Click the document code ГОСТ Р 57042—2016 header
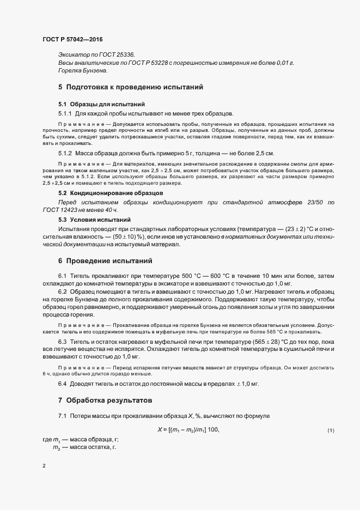pyautogui.click(x=72, y=40)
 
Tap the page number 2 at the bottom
pyautogui.click(x=44, y=466)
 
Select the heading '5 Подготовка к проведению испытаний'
pyautogui.click(x=131, y=87)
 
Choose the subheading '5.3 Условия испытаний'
pyautogui.click(x=92, y=219)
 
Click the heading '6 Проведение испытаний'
pyautogui.click(x=105, y=261)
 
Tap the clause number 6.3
pyautogui.click(x=62, y=342)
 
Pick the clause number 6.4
pyautogui.click(x=62, y=384)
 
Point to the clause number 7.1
pyautogui.click(x=62, y=417)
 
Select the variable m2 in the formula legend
pyautogui.click(x=56, y=447)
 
